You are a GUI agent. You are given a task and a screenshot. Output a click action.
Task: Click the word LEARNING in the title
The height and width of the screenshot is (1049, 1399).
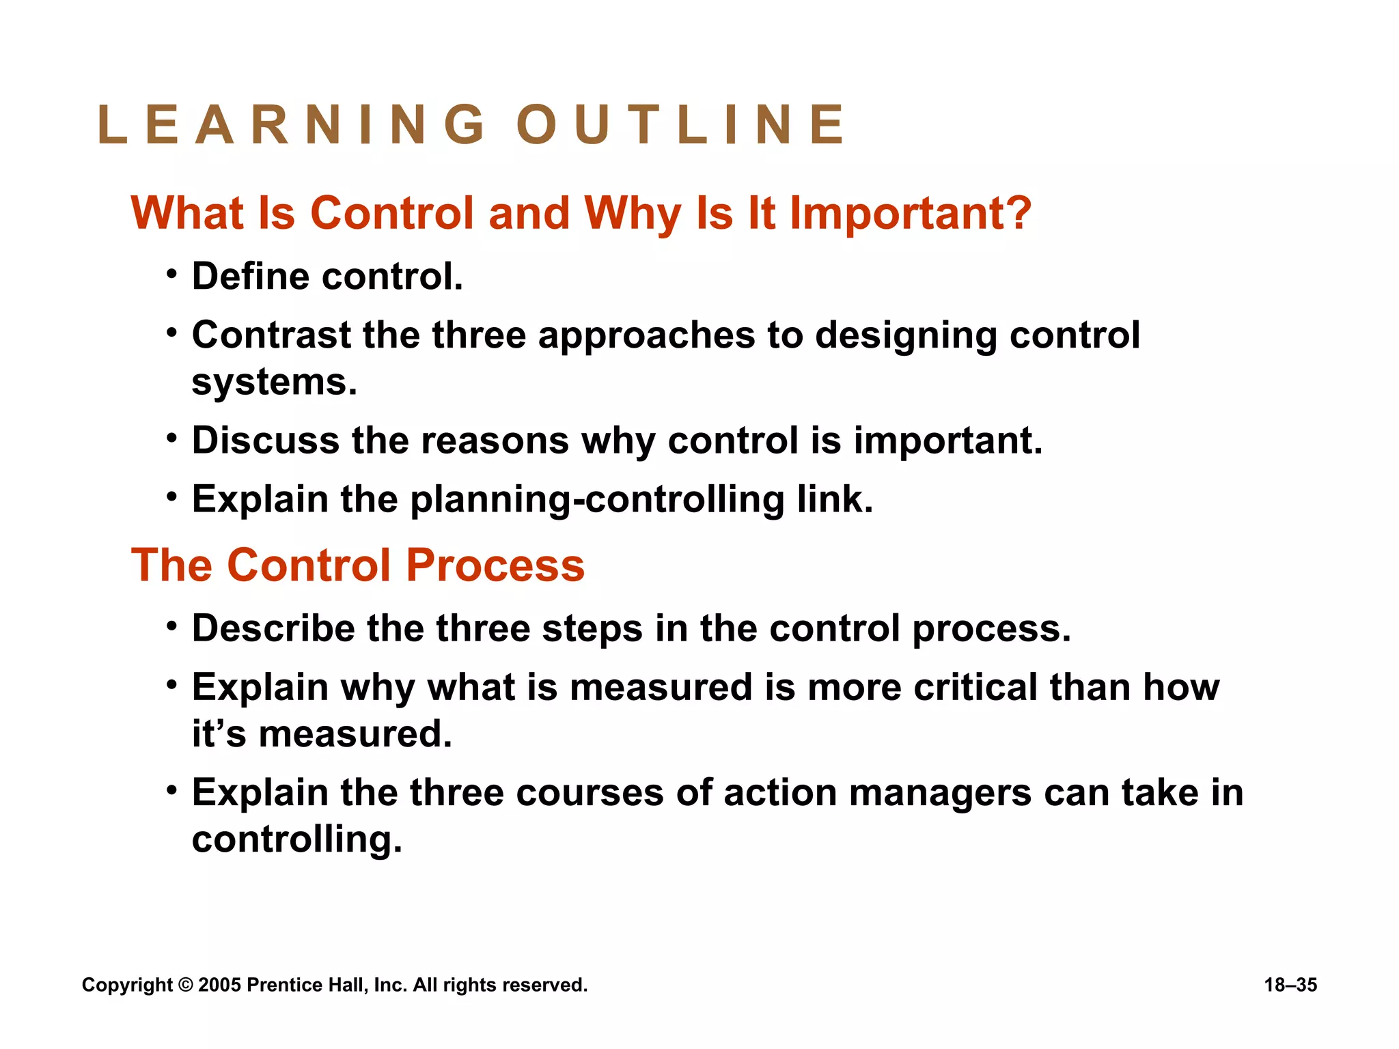pyautogui.click(x=292, y=125)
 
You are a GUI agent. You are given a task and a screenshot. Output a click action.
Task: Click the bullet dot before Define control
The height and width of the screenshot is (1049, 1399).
pyautogui.click(x=172, y=275)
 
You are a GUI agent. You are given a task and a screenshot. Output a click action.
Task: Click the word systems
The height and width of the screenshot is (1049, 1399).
pyautogui.click(x=274, y=382)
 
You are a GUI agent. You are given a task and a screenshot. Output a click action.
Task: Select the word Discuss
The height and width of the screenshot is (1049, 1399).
pyautogui.click(x=265, y=440)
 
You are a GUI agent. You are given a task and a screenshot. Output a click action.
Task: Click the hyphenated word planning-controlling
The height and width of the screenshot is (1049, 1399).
pyautogui.click(x=597, y=500)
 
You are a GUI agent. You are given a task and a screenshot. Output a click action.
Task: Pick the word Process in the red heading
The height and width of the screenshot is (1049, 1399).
pyautogui.click(x=495, y=566)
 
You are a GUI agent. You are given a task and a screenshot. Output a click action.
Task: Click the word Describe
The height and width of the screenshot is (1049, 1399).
pyautogui.click(x=273, y=628)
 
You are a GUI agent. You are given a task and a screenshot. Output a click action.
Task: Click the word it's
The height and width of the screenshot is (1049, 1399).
pyautogui.click(x=219, y=734)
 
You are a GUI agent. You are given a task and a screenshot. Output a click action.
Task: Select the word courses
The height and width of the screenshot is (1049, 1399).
pyautogui.click(x=590, y=793)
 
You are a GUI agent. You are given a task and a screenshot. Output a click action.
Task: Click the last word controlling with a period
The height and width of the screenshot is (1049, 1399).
pyautogui.click(x=296, y=840)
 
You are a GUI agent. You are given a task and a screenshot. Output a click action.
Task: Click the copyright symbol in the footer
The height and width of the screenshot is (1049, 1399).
pyautogui.click(x=185, y=985)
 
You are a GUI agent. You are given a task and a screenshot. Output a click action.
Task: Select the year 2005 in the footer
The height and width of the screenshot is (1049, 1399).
pyautogui.click(x=219, y=985)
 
